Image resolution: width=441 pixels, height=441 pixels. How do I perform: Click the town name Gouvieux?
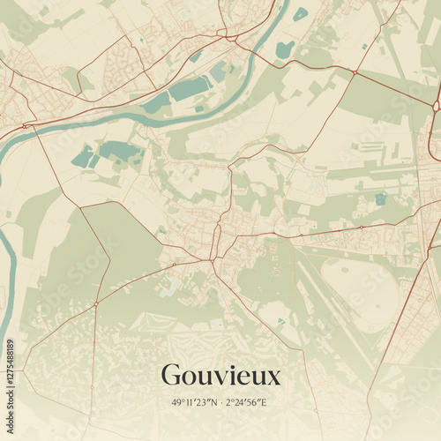[220, 376]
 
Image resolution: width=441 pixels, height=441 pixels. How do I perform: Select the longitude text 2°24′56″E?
[247, 402]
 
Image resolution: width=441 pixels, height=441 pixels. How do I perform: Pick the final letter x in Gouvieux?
[273, 378]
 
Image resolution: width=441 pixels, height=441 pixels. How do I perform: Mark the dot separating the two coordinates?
[220, 402]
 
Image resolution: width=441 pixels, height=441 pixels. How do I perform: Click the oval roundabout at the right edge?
[436, 106]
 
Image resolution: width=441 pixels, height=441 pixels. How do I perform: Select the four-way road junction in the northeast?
[355, 72]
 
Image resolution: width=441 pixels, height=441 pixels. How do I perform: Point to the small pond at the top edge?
[301, 13]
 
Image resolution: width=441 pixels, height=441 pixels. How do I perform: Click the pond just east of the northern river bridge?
[284, 49]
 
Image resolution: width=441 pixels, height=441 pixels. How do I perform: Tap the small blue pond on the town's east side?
[381, 198]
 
